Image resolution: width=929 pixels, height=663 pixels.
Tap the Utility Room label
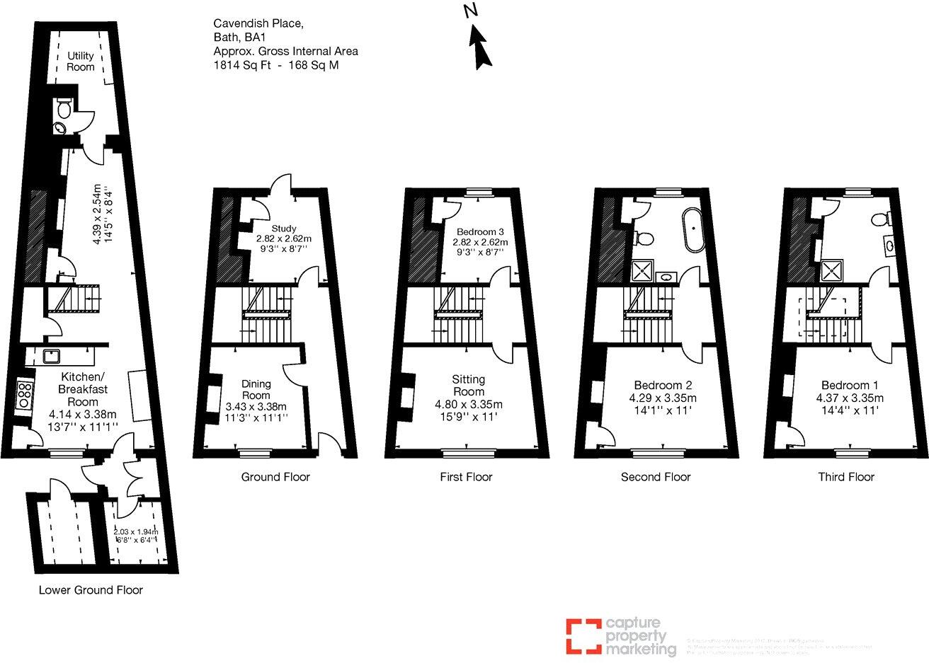81,62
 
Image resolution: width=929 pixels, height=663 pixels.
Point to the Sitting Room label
468,386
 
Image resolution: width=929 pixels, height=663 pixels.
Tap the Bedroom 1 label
850,386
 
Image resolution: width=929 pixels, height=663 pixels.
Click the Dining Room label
256,389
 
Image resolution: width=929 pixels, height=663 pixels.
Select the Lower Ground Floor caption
91,589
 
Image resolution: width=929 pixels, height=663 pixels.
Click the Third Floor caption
846,477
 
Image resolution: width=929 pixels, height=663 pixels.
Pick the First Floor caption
466,477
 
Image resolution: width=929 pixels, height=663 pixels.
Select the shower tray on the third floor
833,270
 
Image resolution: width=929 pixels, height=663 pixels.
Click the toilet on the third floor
880,219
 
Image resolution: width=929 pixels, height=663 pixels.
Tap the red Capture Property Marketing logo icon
580,635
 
